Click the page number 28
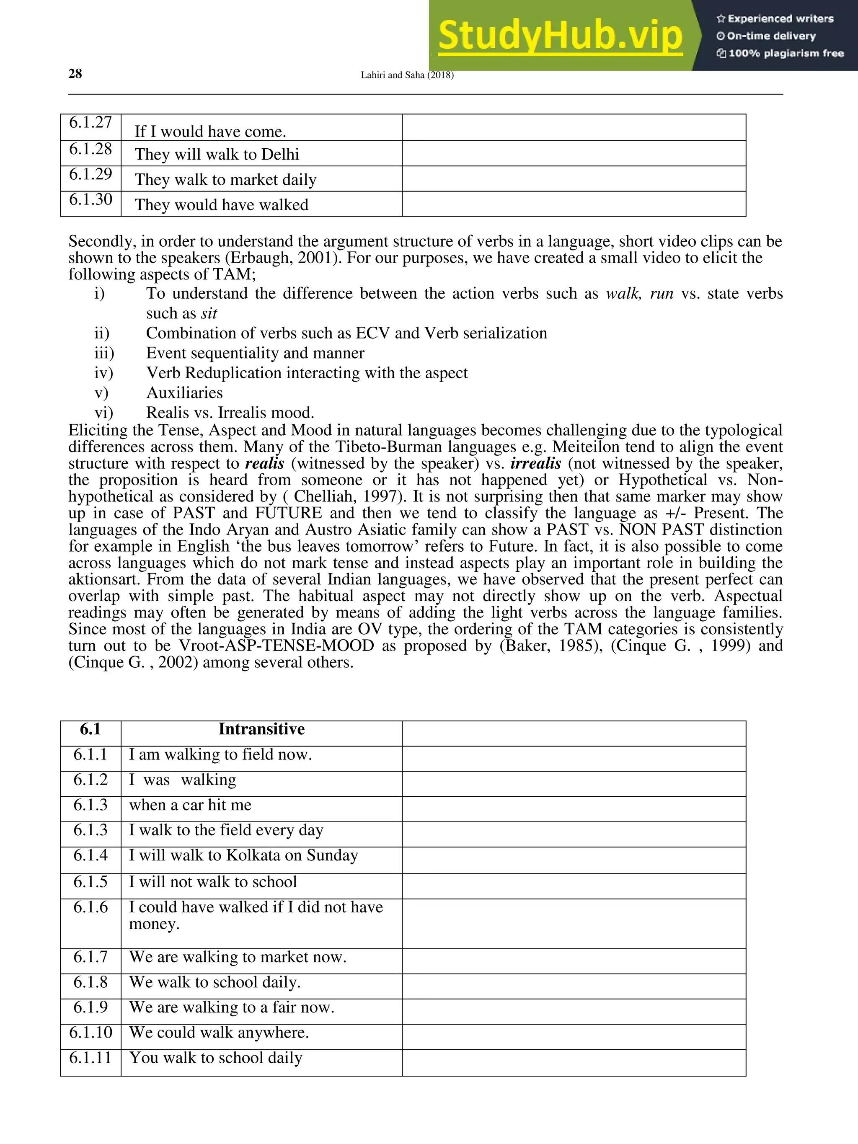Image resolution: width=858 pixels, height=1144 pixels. coord(75,74)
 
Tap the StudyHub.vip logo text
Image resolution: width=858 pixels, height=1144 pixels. coord(560,36)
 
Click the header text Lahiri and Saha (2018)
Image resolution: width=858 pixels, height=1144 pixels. coord(407,75)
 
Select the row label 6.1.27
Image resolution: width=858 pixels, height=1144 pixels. coord(90,123)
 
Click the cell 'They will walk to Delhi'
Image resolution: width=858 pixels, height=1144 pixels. coord(217,154)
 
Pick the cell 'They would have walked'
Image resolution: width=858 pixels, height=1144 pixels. coord(221,205)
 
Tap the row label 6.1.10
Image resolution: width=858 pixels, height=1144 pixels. coord(90,1032)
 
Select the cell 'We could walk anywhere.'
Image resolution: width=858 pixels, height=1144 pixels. coord(219,1032)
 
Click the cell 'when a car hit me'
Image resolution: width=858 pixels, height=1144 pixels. coord(190,805)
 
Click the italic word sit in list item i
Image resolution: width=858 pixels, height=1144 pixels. coord(209,313)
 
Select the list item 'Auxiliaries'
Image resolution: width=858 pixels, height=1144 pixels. coord(184,393)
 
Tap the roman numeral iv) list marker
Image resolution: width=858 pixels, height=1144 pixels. coord(104,373)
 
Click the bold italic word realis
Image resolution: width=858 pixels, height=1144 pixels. coord(264,463)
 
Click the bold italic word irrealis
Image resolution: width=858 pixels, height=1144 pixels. coord(535,463)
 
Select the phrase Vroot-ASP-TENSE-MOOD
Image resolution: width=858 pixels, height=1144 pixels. coord(276,646)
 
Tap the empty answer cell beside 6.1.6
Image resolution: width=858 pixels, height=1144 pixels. coord(574,923)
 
